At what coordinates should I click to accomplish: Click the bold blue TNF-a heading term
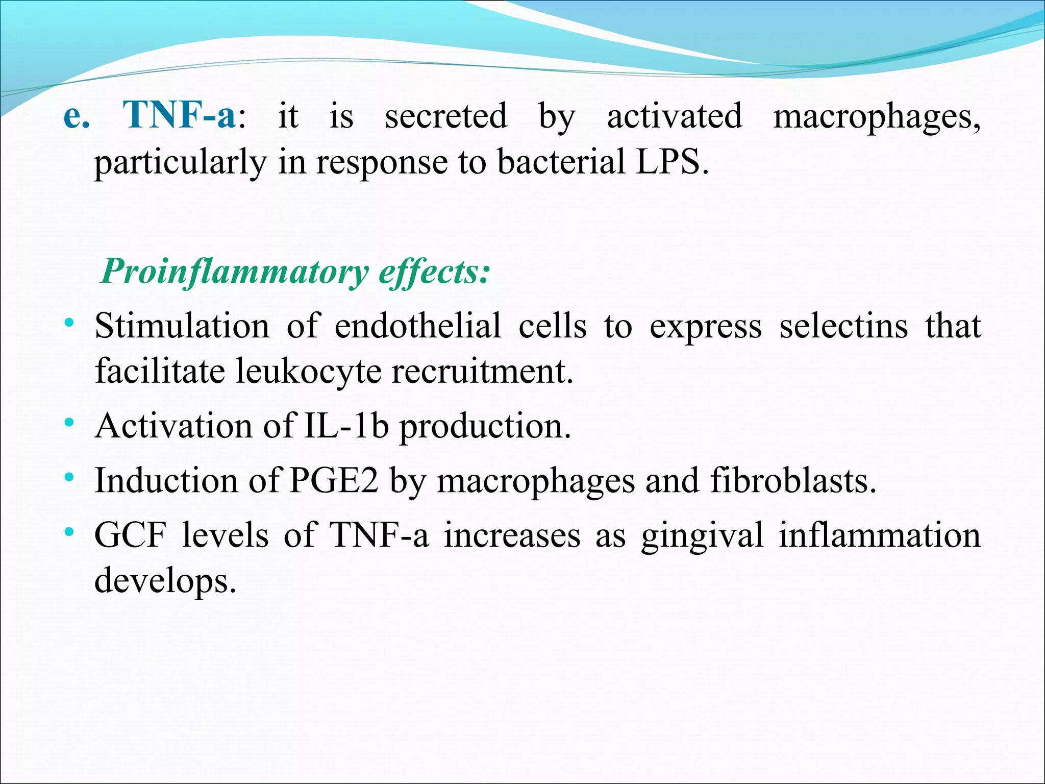click(x=179, y=115)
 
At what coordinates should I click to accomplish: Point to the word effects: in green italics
click(x=434, y=271)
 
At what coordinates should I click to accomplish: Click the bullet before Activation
click(x=69, y=423)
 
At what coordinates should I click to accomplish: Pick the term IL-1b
click(x=346, y=426)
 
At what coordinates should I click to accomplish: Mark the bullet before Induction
click(x=69, y=478)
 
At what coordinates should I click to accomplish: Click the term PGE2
click(x=334, y=481)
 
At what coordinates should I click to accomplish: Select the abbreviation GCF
click(x=131, y=535)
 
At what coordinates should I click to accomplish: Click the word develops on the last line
click(x=165, y=581)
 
